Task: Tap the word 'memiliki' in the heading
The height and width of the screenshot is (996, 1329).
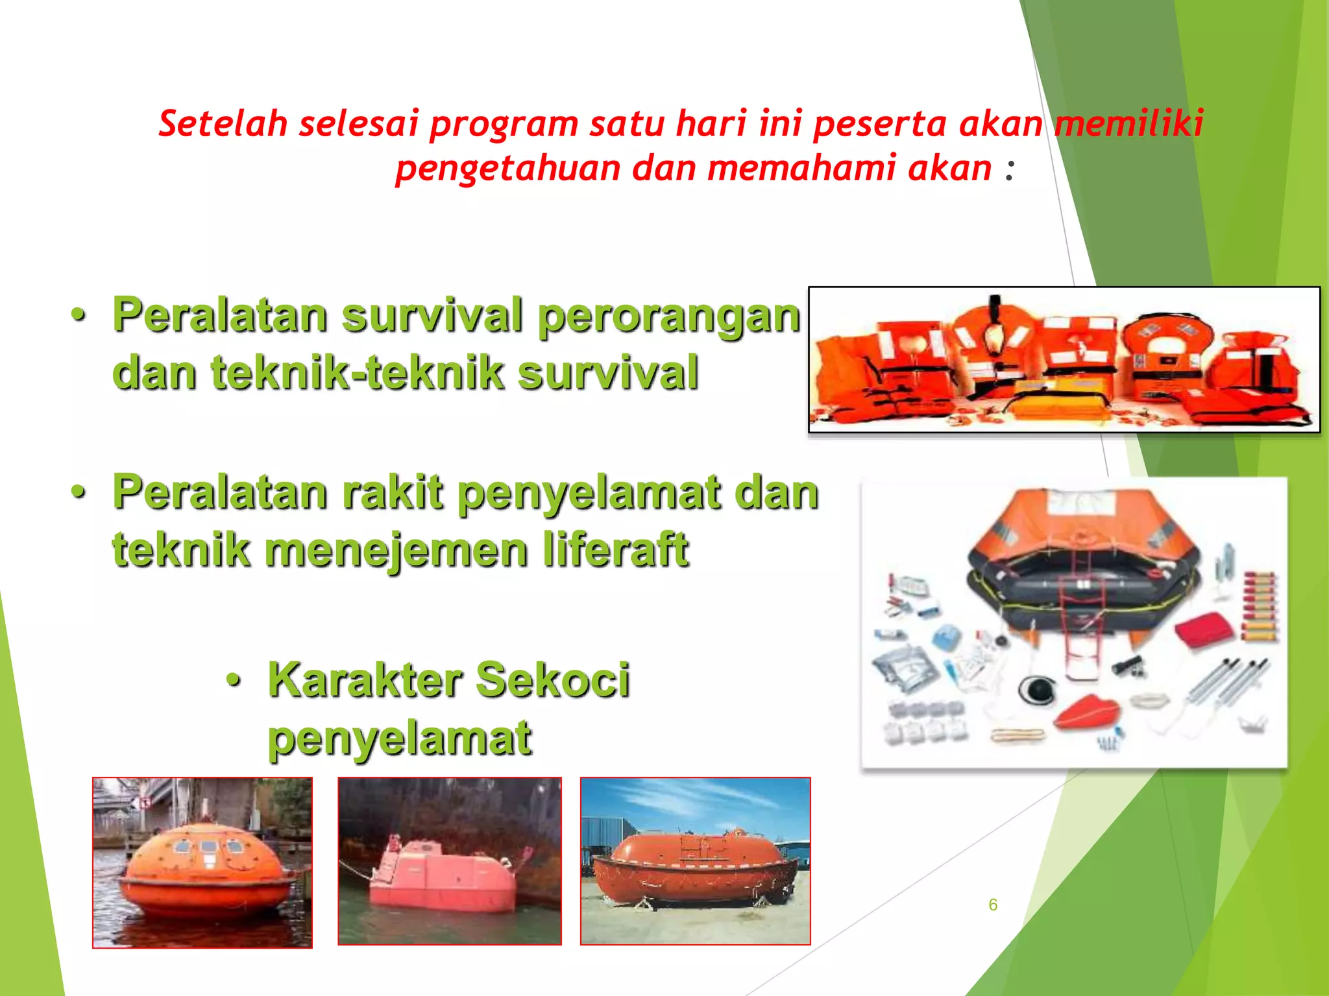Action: [x=1128, y=123]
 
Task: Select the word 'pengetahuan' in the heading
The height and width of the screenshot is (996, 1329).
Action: [x=508, y=169]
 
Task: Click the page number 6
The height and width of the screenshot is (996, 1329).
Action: [x=993, y=905]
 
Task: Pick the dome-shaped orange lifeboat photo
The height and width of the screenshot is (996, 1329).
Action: [x=202, y=862]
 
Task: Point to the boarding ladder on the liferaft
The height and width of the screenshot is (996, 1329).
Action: [x=1082, y=622]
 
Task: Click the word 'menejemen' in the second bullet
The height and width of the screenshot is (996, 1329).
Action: [x=396, y=550]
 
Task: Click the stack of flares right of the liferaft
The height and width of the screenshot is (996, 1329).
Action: [x=1259, y=606]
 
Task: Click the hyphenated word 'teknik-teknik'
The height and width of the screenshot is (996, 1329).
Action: [x=358, y=373]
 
